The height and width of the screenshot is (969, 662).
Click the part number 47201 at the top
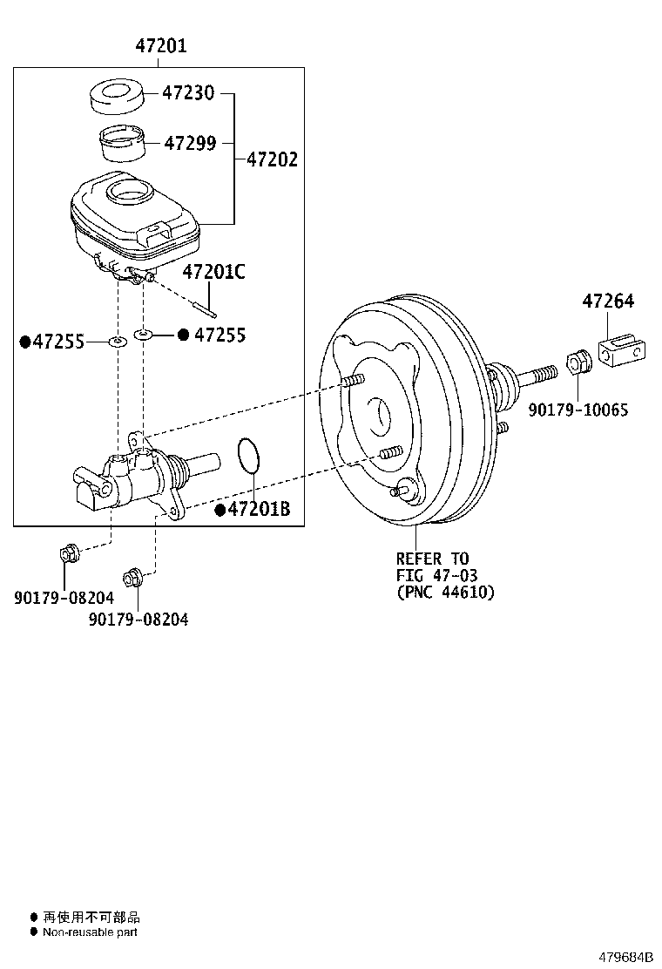pos(160,46)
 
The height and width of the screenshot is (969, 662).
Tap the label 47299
pos(190,143)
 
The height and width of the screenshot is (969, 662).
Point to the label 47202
pos(272,159)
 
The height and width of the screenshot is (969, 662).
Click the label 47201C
pos(213,272)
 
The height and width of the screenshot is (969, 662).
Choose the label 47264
pos(608,302)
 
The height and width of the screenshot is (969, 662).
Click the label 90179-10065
pos(578,410)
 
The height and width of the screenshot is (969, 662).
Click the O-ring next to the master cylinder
pos(248,457)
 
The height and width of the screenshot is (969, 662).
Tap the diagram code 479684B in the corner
pos(625,956)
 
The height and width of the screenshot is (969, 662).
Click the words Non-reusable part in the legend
pos(90,932)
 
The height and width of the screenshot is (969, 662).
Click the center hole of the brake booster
pos(381,416)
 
